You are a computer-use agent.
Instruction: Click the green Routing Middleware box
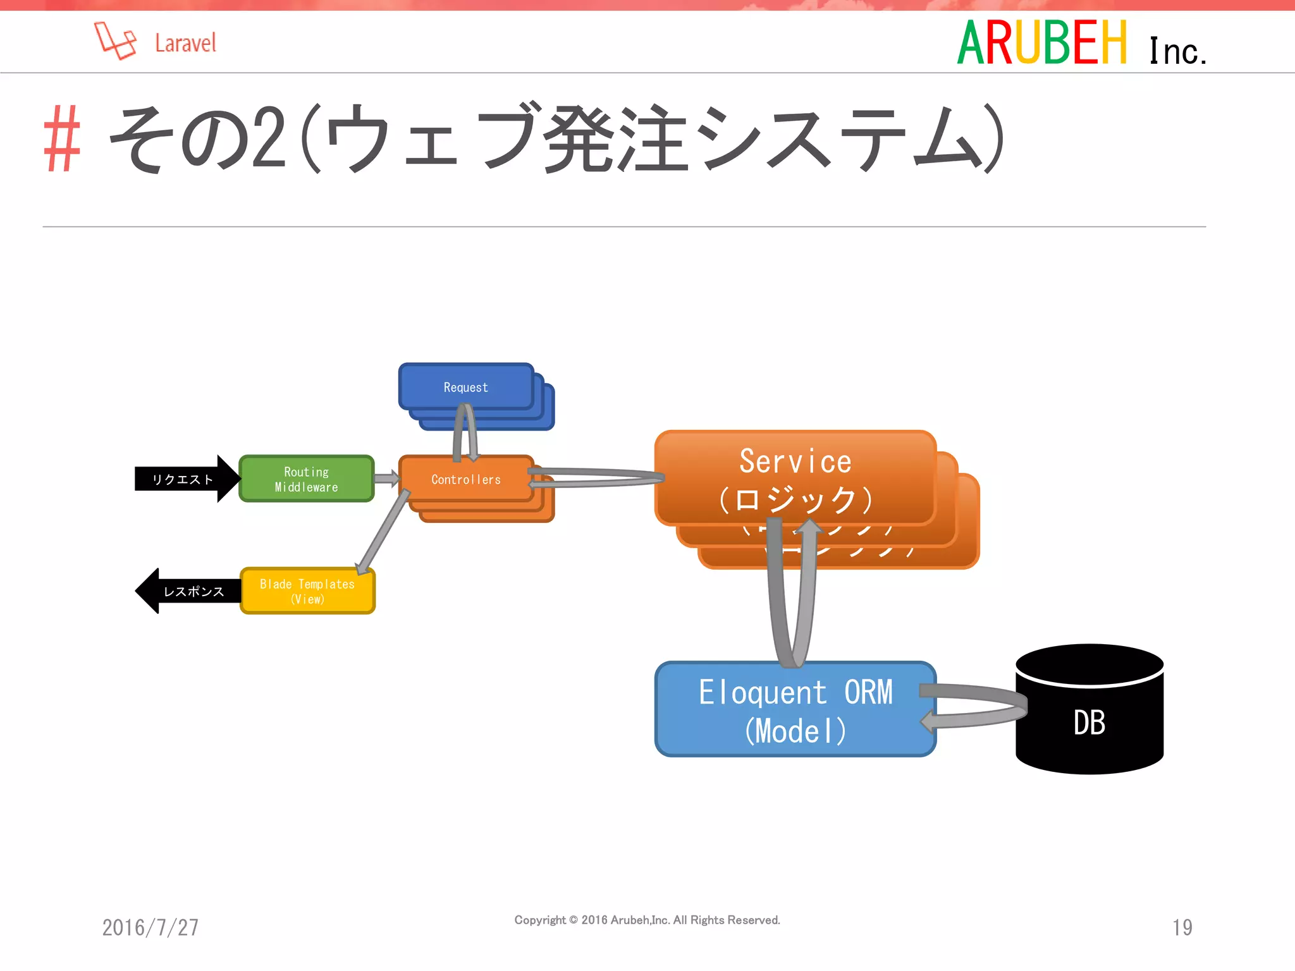tap(307, 479)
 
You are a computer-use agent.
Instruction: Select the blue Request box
tap(466, 387)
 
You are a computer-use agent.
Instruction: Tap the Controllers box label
tap(466, 480)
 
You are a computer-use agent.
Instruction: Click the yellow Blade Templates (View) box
tap(307, 591)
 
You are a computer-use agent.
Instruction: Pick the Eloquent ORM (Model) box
tap(795, 710)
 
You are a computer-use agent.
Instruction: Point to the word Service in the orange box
tap(795, 461)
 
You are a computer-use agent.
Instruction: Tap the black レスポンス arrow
tap(190, 591)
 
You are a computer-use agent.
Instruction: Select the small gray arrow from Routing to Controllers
tap(386, 479)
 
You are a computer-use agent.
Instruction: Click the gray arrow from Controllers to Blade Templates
tap(383, 531)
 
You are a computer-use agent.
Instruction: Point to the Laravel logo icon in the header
tap(115, 41)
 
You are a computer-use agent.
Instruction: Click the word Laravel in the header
tap(185, 44)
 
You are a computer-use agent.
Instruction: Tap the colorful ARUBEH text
tap(1042, 43)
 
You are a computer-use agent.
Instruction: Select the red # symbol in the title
tap(62, 139)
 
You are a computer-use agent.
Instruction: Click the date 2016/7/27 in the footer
tap(150, 927)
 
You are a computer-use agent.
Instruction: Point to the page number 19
tap(1182, 927)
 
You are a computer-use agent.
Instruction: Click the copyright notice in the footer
tap(647, 920)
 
